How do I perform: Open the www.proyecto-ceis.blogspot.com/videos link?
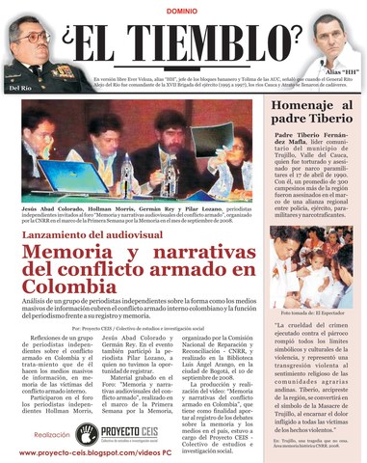pos(94,451)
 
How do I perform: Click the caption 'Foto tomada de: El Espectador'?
pos(311,314)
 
